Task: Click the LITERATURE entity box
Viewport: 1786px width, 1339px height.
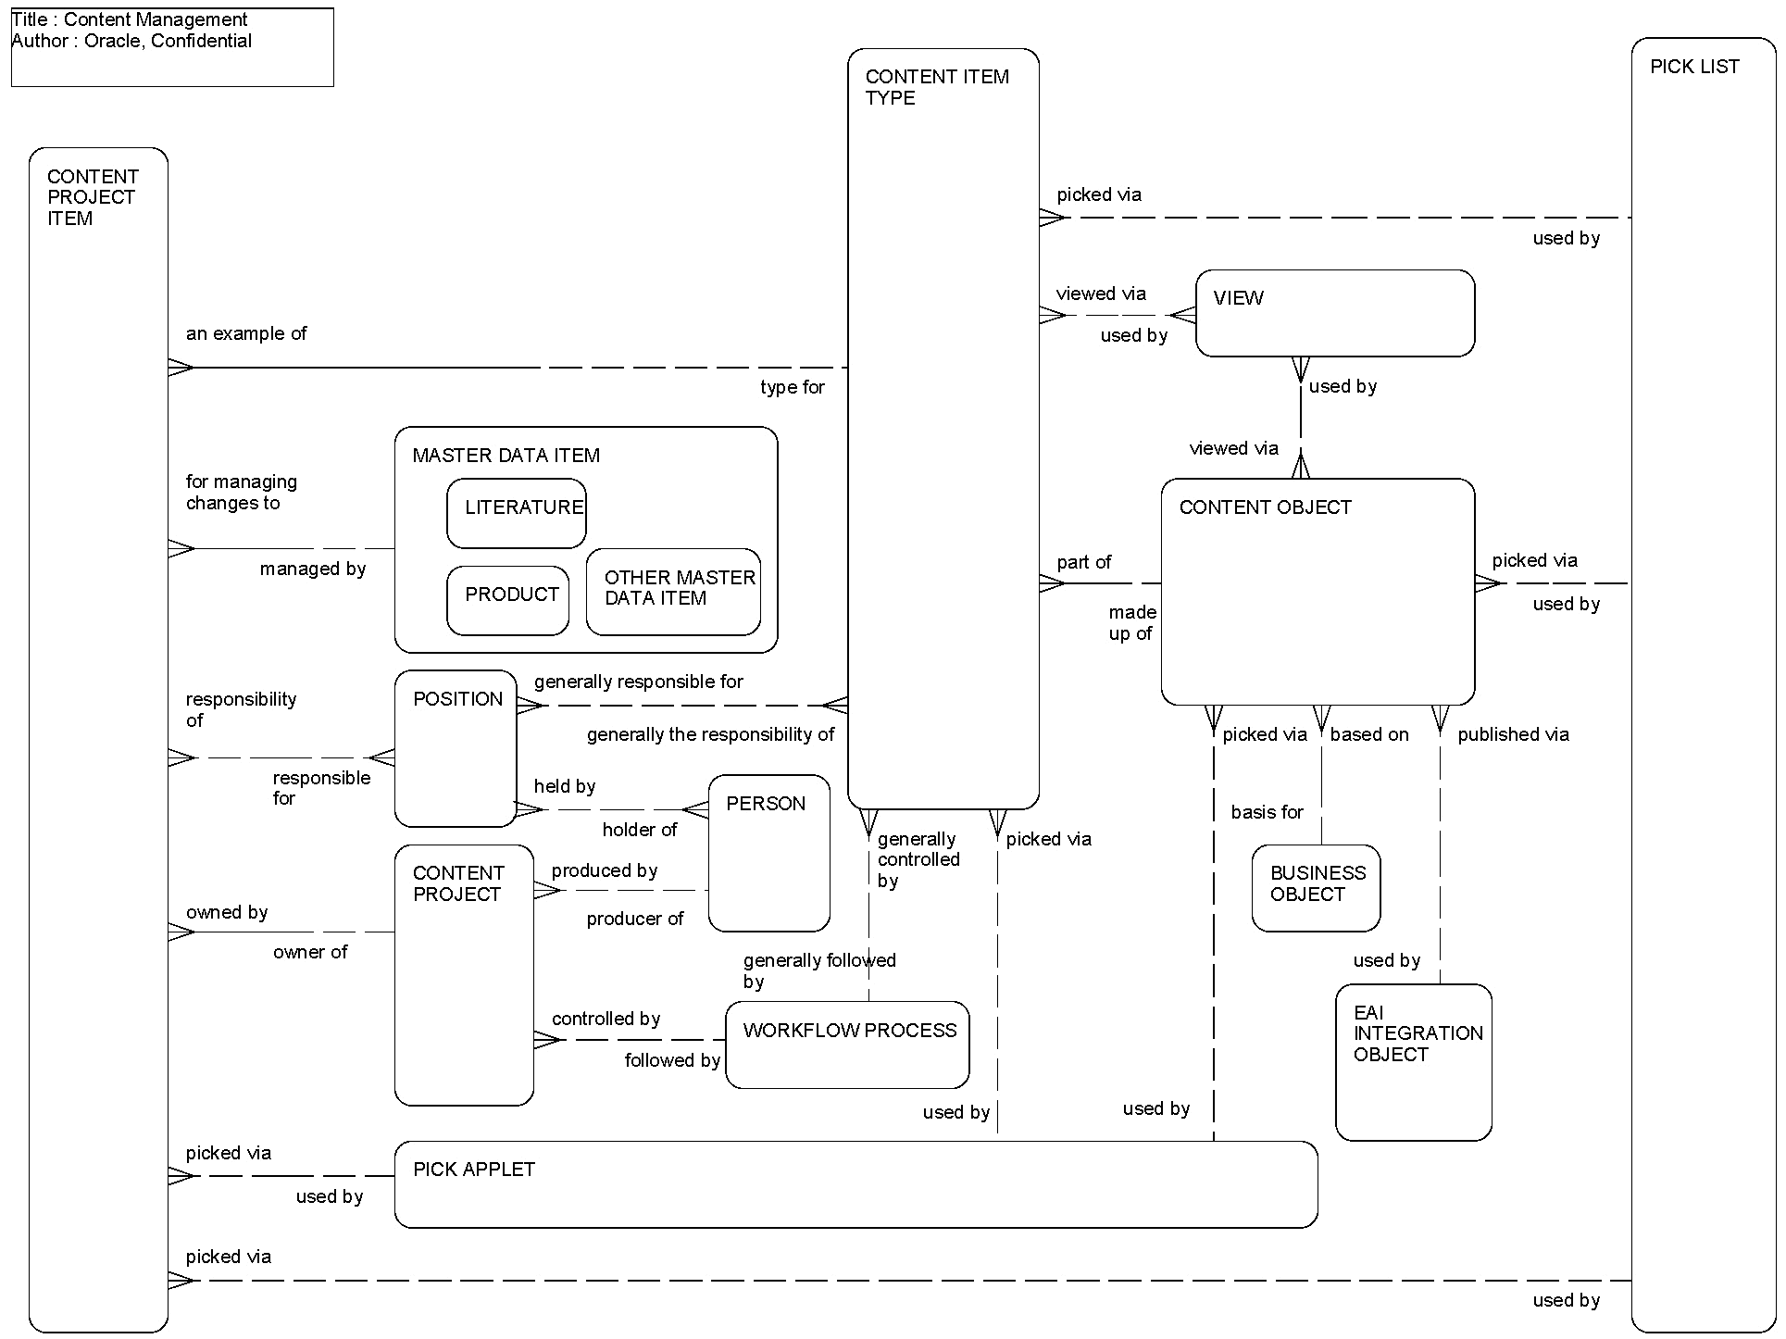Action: (x=516, y=514)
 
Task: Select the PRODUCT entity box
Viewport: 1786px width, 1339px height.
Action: (x=507, y=601)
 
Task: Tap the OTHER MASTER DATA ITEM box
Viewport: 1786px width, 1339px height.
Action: (x=673, y=593)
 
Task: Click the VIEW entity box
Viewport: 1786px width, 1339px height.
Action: (x=1334, y=314)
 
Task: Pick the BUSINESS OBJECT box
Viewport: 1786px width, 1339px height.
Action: (x=1316, y=887)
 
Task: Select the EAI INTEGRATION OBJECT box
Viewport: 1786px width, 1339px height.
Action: (x=1413, y=1062)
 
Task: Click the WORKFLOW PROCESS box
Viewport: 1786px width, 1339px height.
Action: (x=847, y=1045)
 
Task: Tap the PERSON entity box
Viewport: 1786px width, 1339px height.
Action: (x=768, y=853)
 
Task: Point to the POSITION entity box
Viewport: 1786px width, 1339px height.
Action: (x=455, y=748)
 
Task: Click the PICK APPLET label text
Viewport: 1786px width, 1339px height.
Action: (x=474, y=1170)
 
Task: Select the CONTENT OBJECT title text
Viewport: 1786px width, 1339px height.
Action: (x=1265, y=507)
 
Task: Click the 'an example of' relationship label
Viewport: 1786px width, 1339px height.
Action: (x=246, y=333)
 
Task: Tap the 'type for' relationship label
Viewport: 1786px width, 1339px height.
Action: (x=792, y=387)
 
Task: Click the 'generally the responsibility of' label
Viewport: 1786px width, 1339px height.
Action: (x=710, y=734)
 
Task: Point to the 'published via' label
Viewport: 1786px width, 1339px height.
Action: (x=1513, y=734)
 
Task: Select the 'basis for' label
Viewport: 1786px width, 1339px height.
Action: (x=1267, y=812)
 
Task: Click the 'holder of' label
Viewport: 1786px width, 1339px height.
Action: (x=639, y=830)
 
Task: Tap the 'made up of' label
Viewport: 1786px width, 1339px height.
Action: (x=1131, y=623)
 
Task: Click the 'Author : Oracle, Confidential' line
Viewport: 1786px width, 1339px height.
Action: (x=131, y=41)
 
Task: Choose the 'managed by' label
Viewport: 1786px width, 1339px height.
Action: (x=313, y=569)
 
